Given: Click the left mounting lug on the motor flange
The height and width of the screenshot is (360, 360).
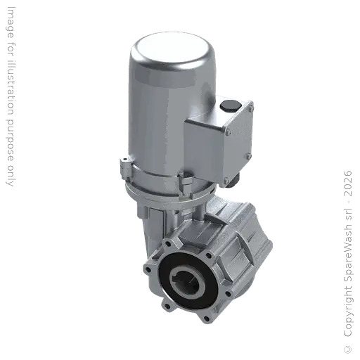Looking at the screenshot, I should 124,167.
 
